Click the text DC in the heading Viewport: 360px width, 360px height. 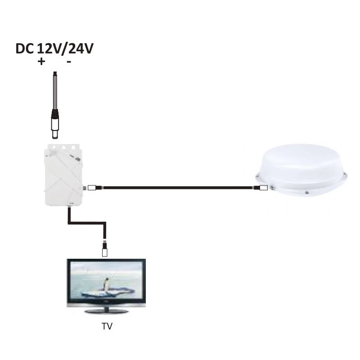[25, 49]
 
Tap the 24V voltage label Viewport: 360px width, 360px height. [81, 49]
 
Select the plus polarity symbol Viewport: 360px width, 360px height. [41, 62]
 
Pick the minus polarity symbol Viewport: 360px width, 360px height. [69, 62]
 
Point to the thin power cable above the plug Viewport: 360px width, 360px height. [55, 90]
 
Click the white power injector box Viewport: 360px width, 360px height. [63, 175]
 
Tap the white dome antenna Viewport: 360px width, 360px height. [301, 171]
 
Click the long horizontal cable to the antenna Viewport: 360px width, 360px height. [178, 188]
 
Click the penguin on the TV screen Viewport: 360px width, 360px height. [106, 284]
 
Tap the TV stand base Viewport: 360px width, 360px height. [107, 310]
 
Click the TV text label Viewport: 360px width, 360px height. [107, 326]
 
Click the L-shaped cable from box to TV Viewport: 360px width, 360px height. [87, 223]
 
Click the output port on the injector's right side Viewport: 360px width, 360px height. [85, 188]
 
